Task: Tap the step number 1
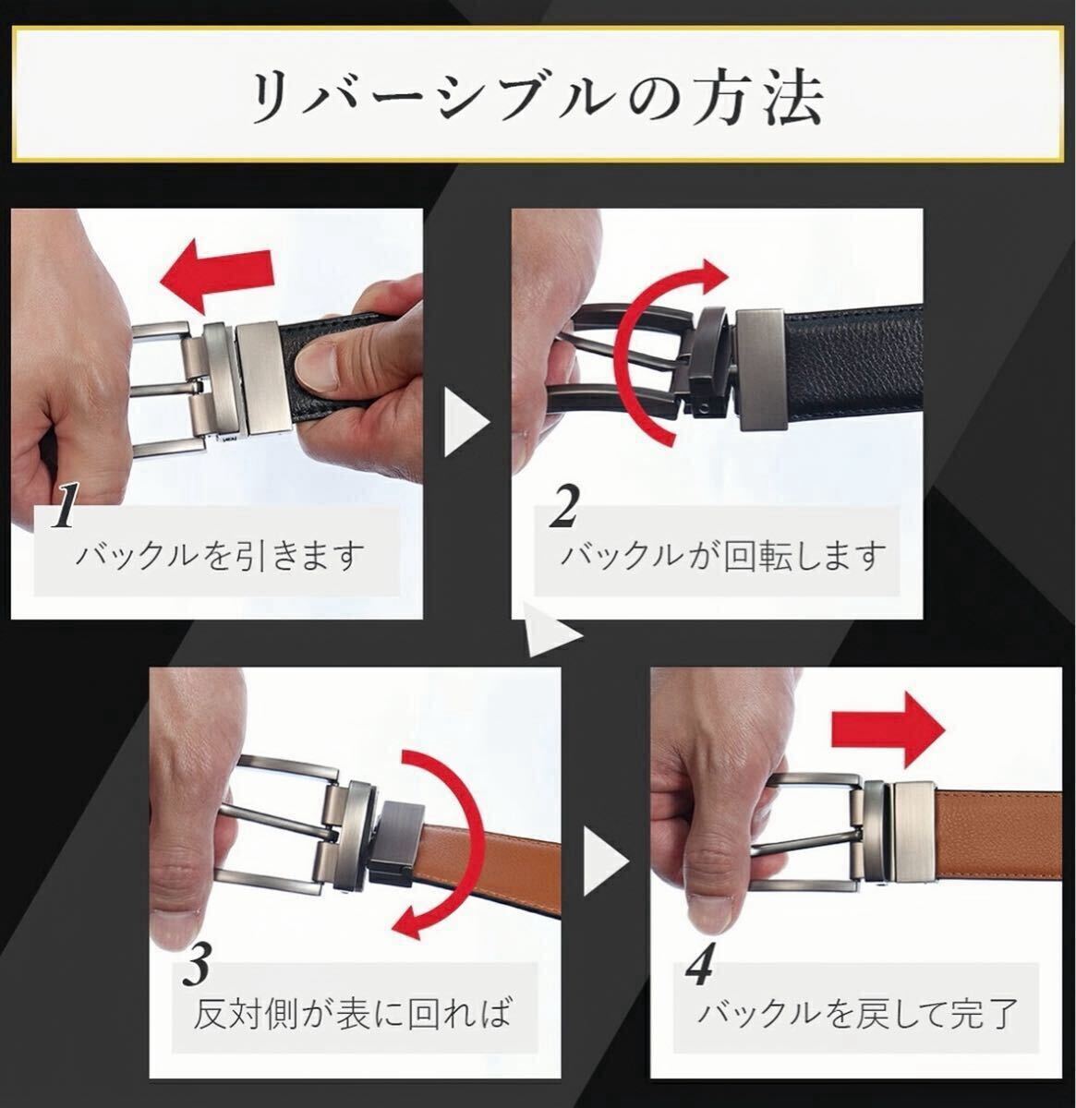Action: (x=64, y=506)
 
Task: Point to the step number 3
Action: (x=198, y=964)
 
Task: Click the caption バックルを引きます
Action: (x=219, y=556)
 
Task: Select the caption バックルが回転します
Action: (x=723, y=556)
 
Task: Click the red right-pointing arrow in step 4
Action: (x=889, y=730)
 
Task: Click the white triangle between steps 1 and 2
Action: (x=465, y=422)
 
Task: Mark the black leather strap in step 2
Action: (x=854, y=365)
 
